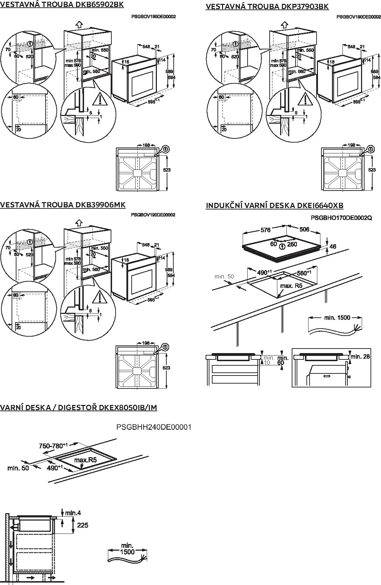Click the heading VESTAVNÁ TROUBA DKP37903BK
(x=267, y=6)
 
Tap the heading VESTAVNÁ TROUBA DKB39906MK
(x=63, y=205)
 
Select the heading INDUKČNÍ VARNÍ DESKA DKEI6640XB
(x=275, y=205)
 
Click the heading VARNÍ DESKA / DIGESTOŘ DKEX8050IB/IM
(x=78, y=407)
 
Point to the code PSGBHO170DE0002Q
(x=341, y=218)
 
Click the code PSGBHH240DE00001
(x=154, y=427)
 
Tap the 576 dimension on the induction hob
(x=265, y=230)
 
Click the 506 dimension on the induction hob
(x=304, y=229)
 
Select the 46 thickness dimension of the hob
(x=333, y=246)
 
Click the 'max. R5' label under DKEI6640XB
(x=291, y=285)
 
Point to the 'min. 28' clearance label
(x=360, y=357)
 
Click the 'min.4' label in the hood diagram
(x=73, y=513)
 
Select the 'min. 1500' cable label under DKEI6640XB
(x=337, y=317)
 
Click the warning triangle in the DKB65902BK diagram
(x=100, y=100)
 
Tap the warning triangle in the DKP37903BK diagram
(x=305, y=100)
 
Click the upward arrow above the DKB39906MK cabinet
(x=79, y=222)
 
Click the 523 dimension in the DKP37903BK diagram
(x=372, y=170)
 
